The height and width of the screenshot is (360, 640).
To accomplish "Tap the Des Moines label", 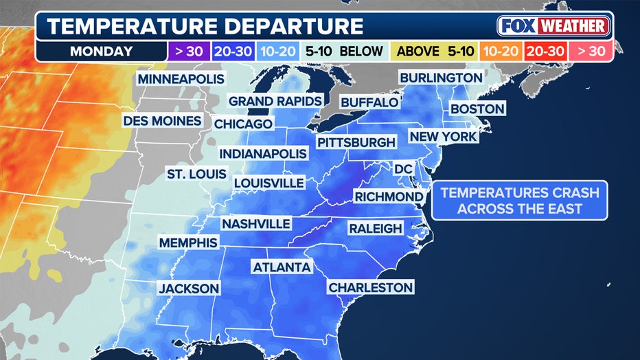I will click(163, 121).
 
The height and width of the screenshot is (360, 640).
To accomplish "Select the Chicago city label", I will click(243, 124).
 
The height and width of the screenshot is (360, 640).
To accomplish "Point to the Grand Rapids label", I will click(275, 101).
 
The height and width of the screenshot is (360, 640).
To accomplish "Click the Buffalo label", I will click(369, 102).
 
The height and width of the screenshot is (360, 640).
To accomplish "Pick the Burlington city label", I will click(441, 77).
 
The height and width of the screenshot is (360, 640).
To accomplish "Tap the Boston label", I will click(477, 109).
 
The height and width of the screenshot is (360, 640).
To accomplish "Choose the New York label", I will click(443, 137).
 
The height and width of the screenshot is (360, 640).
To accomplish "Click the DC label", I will click(402, 168).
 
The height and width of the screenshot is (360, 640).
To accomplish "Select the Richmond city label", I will click(389, 196).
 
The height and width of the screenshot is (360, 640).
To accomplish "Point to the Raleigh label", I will click(375, 227).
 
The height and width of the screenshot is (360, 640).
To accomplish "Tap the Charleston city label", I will click(371, 287).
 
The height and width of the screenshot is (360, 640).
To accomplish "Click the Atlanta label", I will click(282, 267).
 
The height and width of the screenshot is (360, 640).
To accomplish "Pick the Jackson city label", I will click(189, 289).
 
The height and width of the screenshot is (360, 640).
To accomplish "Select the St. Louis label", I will click(196, 174).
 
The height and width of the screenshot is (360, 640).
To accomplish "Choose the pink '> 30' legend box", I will click(590, 50).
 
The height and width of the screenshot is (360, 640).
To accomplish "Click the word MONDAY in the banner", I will click(100, 50).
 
